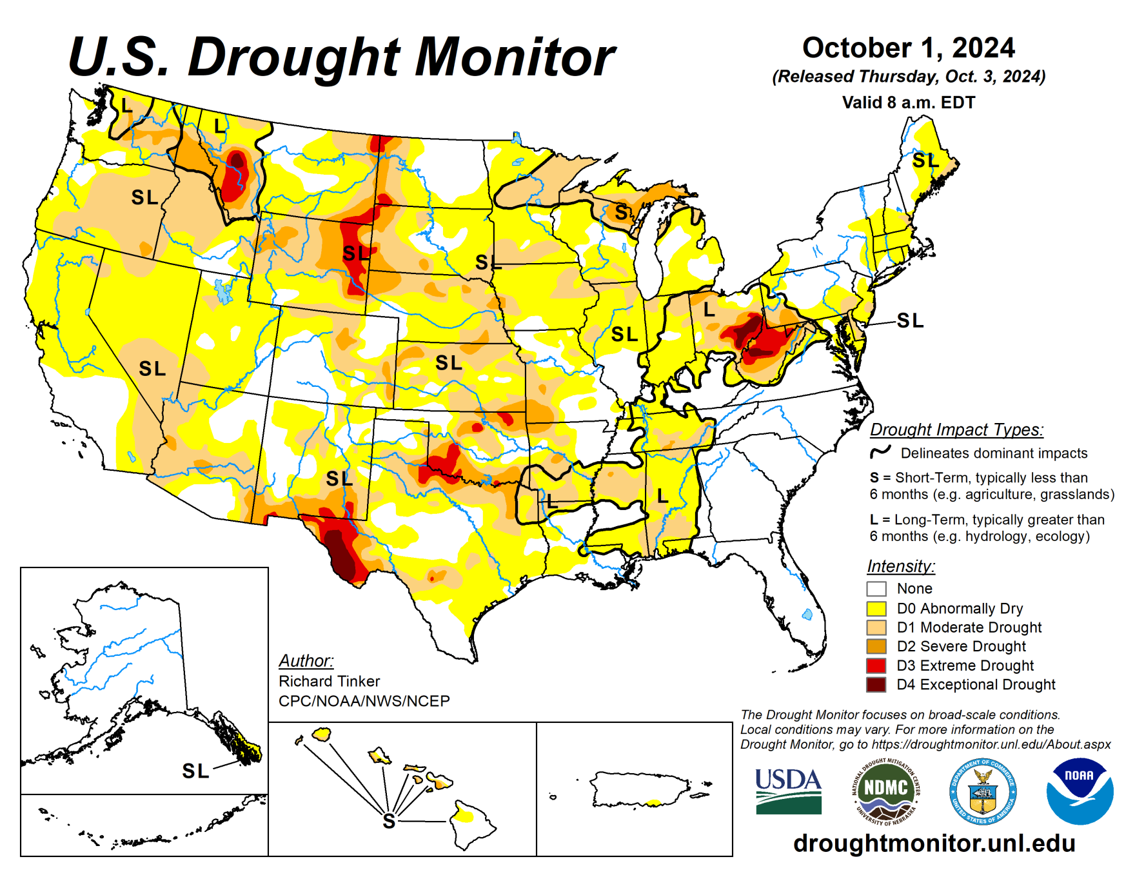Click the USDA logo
click(x=788, y=791)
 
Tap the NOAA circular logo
click(x=1080, y=791)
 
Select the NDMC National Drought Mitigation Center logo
click(x=885, y=791)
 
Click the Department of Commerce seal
click(x=983, y=791)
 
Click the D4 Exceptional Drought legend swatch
click(x=876, y=684)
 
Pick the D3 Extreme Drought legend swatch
click(x=876, y=665)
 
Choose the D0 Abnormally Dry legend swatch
click(x=876, y=608)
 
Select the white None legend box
click(x=876, y=589)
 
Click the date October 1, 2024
click(x=908, y=48)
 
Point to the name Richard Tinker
click(x=329, y=681)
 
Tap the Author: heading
click(x=306, y=661)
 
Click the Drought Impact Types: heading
click(x=956, y=429)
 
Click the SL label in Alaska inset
click(x=195, y=771)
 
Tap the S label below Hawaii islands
click(x=388, y=821)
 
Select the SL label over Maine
click(x=925, y=160)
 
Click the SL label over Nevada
click(x=152, y=368)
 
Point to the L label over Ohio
click(x=709, y=310)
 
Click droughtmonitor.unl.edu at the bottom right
click(x=934, y=843)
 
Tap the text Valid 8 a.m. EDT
click(x=908, y=103)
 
